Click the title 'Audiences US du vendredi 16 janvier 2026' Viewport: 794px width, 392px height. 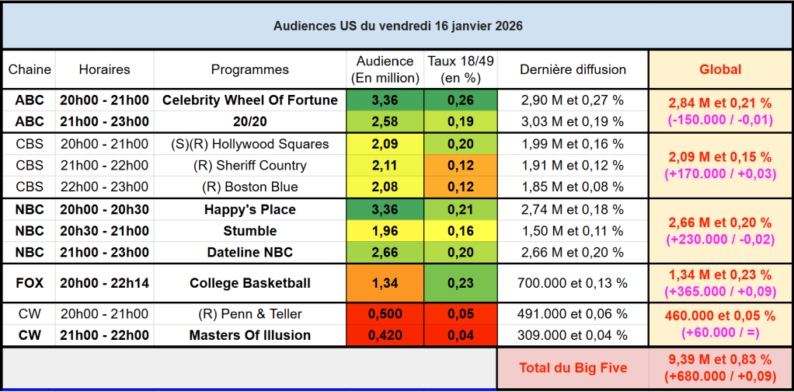click(x=398, y=26)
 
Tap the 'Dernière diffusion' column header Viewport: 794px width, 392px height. click(x=573, y=69)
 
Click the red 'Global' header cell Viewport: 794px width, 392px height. click(x=720, y=69)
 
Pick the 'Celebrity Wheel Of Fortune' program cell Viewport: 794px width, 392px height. click(x=249, y=100)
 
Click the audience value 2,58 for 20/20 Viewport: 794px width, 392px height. click(x=385, y=121)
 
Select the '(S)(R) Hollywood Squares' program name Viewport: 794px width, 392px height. click(x=249, y=144)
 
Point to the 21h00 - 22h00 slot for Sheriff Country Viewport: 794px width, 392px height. click(x=104, y=166)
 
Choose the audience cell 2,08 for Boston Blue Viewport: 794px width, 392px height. click(x=385, y=187)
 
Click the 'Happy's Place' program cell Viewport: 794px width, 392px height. click(x=249, y=209)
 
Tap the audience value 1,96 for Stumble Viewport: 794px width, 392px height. click(x=385, y=231)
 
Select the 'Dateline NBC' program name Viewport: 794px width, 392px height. click(x=249, y=253)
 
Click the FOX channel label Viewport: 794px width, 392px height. click(x=30, y=283)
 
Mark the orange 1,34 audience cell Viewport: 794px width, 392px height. click(x=385, y=283)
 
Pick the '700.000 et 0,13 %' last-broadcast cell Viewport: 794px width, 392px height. click(x=573, y=283)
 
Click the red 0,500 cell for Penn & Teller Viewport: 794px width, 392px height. click(x=385, y=313)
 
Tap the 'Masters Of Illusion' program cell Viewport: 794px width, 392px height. click(x=249, y=335)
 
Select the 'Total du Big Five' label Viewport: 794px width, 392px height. click(x=573, y=369)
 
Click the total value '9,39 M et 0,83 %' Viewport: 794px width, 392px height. click(x=720, y=360)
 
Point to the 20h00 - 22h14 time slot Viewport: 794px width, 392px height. click(x=104, y=283)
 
